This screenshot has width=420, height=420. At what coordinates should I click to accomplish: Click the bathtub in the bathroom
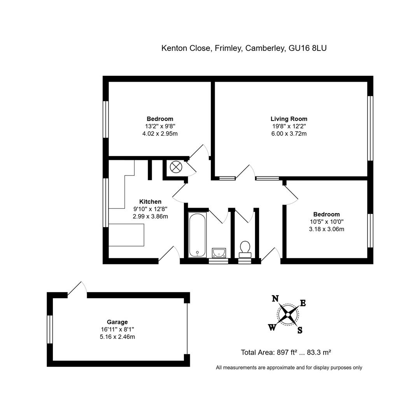coord(197,235)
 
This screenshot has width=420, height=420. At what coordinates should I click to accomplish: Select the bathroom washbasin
coord(219,253)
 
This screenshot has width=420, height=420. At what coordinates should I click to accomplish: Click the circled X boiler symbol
coord(176,167)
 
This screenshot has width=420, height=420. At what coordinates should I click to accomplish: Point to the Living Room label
coord(289,119)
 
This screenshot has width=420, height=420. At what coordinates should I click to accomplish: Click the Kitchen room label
coord(150,202)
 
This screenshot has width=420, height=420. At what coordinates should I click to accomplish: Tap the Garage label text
coord(117,322)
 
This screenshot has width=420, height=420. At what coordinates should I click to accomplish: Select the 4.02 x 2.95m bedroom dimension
coord(160,133)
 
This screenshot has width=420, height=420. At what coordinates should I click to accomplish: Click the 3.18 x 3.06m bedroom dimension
coord(327,229)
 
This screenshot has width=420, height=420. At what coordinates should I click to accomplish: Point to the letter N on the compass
coord(275,298)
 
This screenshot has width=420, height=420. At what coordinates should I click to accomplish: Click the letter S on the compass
coord(300,330)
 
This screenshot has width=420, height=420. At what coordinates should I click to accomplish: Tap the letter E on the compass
coord(303,303)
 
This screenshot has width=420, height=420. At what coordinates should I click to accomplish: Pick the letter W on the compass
coord(272,327)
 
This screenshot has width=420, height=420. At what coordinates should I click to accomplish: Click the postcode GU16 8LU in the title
coord(308,48)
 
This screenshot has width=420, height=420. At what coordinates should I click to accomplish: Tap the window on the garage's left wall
coord(50,329)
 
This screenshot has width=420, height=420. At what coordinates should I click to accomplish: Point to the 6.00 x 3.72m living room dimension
coord(289,133)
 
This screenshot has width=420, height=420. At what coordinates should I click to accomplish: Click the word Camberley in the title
coord(265,48)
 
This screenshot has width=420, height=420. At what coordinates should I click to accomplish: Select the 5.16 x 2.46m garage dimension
coord(117,337)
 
